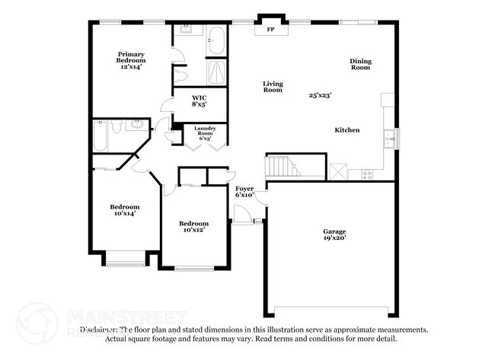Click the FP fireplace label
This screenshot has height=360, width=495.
click(270, 31)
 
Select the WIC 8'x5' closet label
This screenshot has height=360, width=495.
click(199, 100)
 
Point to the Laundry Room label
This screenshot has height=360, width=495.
click(205, 133)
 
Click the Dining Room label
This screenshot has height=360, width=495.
click(360, 65)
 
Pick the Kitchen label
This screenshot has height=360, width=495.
click(346, 130)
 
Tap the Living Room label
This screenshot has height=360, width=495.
click(273, 87)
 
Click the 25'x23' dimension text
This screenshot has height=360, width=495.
click(321, 96)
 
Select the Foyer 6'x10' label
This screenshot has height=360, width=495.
click(244, 191)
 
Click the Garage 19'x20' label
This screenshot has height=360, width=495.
click(334, 234)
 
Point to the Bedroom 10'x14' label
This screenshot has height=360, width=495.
click(124, 210)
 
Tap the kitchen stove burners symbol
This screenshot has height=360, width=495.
click(367, 174)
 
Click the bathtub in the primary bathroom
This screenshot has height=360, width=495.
click(216, 40)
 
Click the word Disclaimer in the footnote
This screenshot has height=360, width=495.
click(100, 330)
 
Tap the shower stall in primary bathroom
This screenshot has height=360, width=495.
click(216, 72)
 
